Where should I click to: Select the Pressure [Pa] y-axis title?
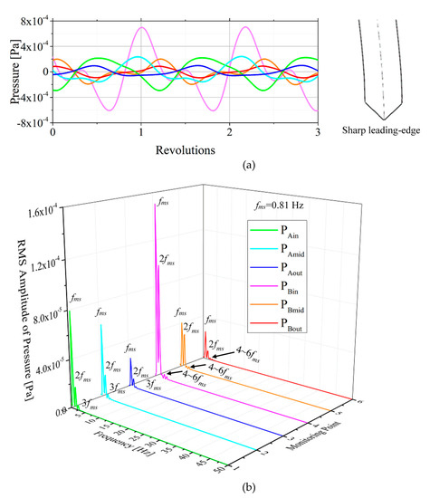8,71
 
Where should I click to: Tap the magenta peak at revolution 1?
141,27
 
